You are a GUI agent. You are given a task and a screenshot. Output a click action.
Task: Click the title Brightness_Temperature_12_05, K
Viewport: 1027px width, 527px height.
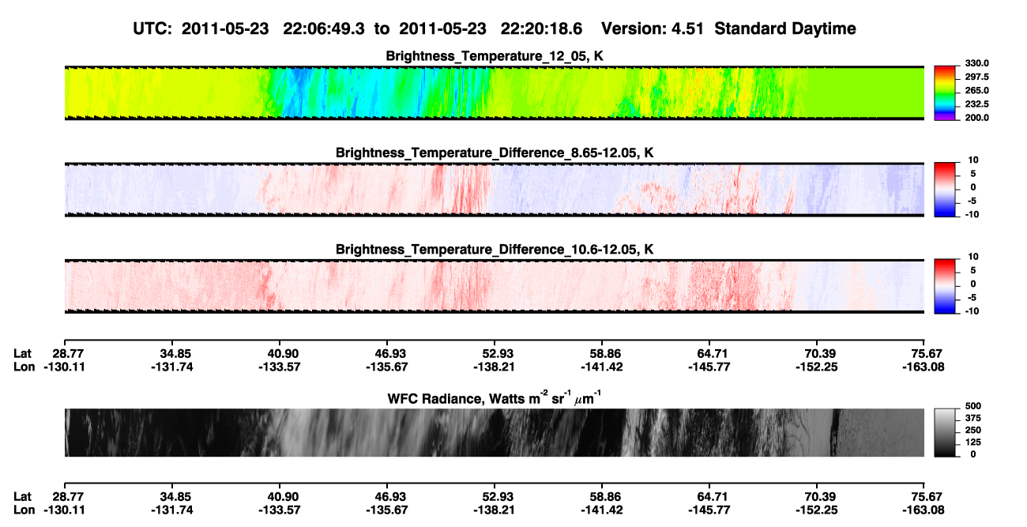[495, 56]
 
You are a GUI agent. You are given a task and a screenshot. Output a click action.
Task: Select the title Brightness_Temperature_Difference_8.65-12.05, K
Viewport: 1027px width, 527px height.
[495, 152]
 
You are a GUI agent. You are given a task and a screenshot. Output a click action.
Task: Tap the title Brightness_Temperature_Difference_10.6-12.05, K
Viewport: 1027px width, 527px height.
[495, 250]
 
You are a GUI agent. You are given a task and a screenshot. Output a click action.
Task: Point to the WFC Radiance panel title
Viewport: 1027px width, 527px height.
[495, 398]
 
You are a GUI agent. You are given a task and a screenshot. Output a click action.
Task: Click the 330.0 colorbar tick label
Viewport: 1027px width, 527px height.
[976, 63]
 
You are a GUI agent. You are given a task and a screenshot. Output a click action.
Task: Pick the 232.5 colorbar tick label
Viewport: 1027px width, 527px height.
[976, 104]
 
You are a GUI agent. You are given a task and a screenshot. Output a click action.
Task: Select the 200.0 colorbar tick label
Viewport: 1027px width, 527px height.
[976, 118]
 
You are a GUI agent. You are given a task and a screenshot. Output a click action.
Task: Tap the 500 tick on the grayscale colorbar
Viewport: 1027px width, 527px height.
[973, 406]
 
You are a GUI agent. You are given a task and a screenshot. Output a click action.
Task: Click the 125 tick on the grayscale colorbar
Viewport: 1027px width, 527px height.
[973, 442]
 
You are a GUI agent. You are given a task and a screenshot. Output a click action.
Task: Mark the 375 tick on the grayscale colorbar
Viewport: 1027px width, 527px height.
[973, 418]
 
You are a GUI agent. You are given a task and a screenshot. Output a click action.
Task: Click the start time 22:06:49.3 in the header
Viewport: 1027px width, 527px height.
[323, 28]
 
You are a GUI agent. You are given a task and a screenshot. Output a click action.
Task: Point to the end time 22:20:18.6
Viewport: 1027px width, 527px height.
[541, 28]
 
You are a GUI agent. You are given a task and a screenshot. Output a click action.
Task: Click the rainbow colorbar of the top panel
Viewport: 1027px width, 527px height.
[945, 93]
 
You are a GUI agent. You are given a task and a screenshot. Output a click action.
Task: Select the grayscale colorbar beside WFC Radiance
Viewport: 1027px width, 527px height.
[945, 432]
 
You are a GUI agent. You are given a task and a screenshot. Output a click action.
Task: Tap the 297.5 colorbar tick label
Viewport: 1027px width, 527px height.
[976, 77]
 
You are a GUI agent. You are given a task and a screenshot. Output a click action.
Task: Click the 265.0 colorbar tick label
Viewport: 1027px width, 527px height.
[976, 90]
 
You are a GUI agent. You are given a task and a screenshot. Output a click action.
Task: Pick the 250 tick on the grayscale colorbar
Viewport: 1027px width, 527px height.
[973, 431]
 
